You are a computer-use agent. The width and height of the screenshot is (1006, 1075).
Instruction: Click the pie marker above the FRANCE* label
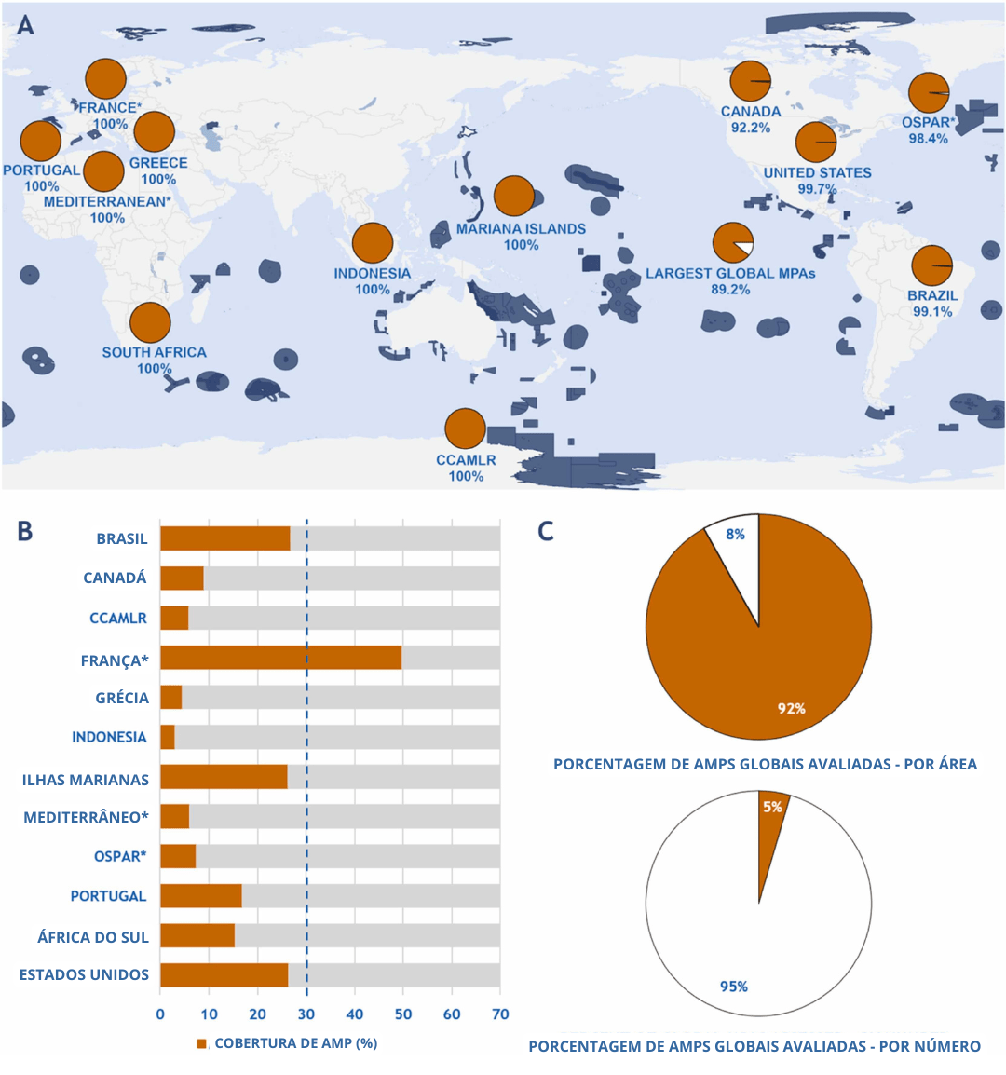coord(105,79)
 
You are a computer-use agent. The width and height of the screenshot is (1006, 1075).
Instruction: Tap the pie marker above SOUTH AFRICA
coord(150,323)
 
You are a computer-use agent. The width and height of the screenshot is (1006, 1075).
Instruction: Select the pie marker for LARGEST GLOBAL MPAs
coord(732,242)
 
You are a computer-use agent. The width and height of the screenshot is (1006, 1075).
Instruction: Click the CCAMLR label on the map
coord(466,460)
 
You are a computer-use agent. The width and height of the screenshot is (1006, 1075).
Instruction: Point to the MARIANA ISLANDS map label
coord(521,229)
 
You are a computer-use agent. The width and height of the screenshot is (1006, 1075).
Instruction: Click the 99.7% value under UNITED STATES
coord(817,189)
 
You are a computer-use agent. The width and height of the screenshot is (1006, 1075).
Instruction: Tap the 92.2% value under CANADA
coord(750,128)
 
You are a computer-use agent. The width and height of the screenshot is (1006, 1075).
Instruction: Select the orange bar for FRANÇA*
coord(280,658)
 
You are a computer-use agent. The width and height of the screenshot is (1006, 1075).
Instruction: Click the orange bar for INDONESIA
coord(168,737)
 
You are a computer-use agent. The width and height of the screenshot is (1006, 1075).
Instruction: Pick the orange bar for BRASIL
coord(224,538)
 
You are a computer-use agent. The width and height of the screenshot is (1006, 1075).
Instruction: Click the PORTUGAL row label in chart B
coord(108,896)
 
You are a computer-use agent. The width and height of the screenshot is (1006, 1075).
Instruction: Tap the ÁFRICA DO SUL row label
coord(92,937)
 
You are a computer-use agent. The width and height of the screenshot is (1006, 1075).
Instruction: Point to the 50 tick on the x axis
coord(403,1014)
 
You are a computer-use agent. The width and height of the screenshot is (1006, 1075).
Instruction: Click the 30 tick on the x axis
coord(306,1014)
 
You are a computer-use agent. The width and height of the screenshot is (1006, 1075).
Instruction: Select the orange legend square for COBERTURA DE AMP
coord(201,1043)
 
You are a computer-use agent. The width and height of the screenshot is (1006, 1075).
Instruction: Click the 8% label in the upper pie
coord(736,535)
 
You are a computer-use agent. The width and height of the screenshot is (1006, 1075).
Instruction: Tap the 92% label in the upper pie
coord(791,709)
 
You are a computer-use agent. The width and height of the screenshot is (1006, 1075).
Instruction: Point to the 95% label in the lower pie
coord(733,987)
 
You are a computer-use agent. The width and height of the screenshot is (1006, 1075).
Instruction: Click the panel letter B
coord(25,532)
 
